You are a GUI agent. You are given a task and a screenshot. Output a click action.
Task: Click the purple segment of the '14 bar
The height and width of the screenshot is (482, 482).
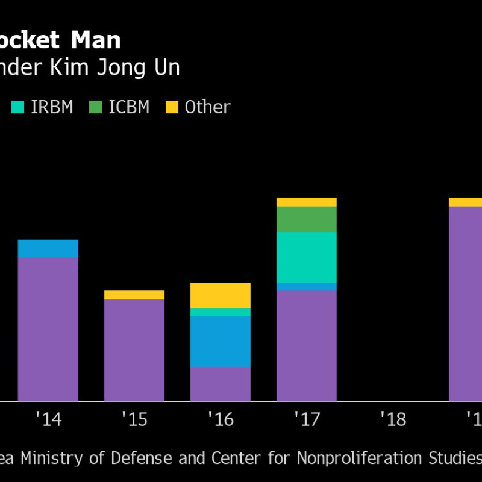(48, 329)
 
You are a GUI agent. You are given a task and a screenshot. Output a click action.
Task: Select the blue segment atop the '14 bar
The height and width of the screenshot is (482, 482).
(48, 248)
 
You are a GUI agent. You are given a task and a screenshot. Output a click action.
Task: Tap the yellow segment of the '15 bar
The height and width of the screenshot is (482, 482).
(134, 295)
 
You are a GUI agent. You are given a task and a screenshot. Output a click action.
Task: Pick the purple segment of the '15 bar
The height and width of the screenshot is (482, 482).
(134, 350)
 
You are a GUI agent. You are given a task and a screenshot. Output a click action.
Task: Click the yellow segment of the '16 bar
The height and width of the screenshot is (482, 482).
(221, 295)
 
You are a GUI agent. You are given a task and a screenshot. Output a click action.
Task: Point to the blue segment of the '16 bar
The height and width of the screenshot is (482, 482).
(221, 342)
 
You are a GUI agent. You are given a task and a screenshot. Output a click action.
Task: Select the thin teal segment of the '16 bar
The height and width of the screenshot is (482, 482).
(221, 312)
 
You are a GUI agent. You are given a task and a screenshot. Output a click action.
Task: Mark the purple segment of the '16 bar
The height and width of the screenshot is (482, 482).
(221, 384)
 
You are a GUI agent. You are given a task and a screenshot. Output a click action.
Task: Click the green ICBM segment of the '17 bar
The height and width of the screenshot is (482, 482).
(307, 219)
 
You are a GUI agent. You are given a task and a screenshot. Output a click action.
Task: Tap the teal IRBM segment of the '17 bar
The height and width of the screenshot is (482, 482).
(307, 257)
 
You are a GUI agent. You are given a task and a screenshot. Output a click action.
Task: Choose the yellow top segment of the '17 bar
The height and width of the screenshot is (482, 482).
(307, 202)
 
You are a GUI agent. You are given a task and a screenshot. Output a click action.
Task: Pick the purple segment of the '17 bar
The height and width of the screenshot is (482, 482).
(307, 346)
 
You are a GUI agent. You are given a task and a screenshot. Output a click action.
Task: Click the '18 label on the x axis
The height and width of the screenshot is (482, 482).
(393, 419)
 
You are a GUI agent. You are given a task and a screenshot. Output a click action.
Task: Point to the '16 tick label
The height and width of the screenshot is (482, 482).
(221, 419)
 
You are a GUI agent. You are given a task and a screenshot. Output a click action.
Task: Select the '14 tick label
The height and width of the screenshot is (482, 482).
(48, 419)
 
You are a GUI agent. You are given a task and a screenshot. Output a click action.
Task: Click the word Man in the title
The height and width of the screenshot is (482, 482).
(96, 40)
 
